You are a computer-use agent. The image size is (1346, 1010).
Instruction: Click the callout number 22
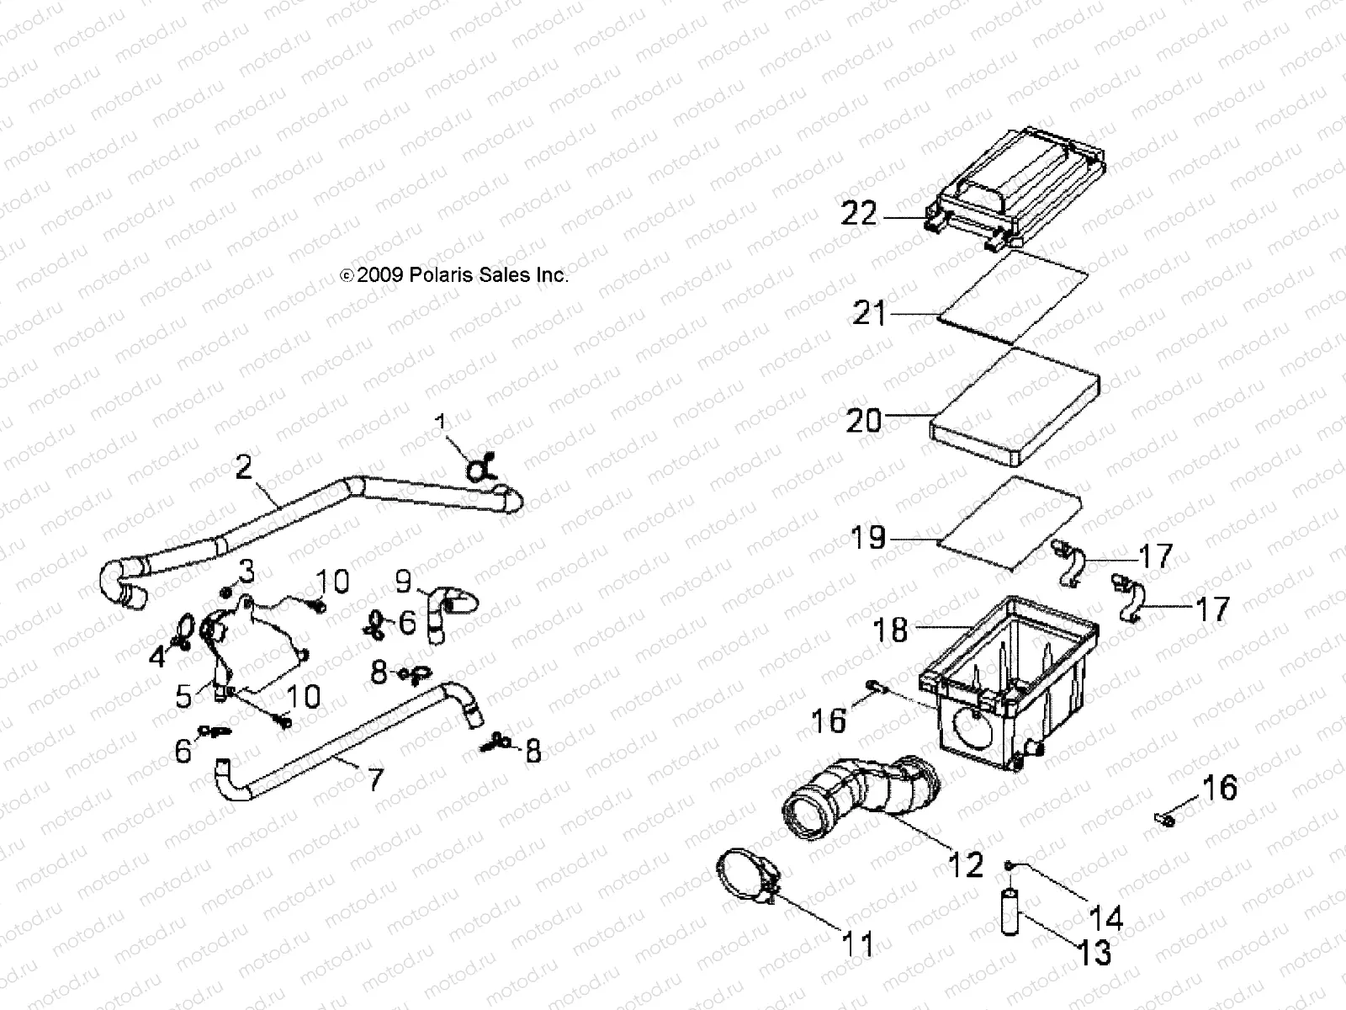coord(859,215)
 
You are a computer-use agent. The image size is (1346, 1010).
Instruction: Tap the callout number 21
coord(869,314)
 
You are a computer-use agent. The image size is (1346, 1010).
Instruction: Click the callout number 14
coord(1105,916)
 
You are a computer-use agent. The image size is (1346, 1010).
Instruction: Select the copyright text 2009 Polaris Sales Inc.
coord(454,274)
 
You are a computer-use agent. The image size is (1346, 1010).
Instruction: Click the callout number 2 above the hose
coord(243,467)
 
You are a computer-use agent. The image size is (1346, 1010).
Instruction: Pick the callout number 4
coord(157,656)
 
